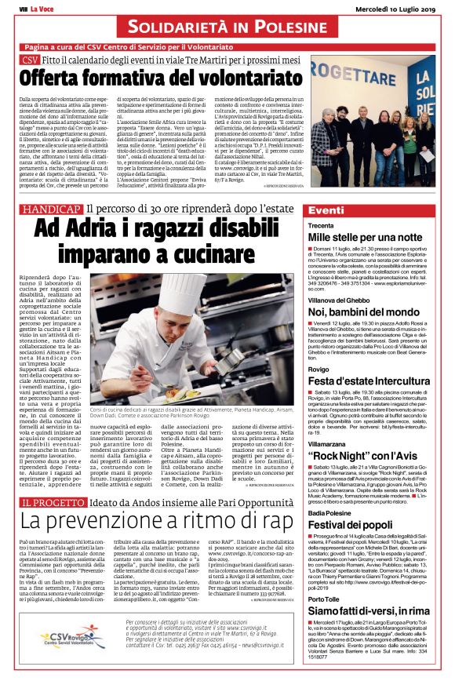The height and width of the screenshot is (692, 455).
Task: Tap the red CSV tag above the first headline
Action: click(31, 60)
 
